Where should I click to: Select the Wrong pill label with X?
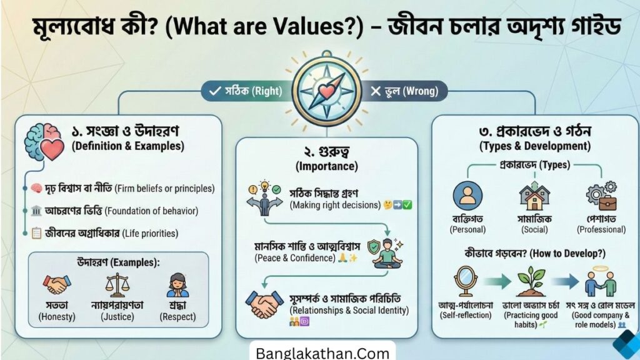[x=403, y=91]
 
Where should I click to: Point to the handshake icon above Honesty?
[x=57, y=285]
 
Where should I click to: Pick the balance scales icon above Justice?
[x=116, y=284]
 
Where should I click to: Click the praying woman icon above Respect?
[x=177, y=284]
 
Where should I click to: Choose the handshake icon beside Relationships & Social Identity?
[x=263, y=304]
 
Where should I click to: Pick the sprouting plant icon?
[x=531, y=281]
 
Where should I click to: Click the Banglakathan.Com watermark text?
[x=322, y=352]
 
